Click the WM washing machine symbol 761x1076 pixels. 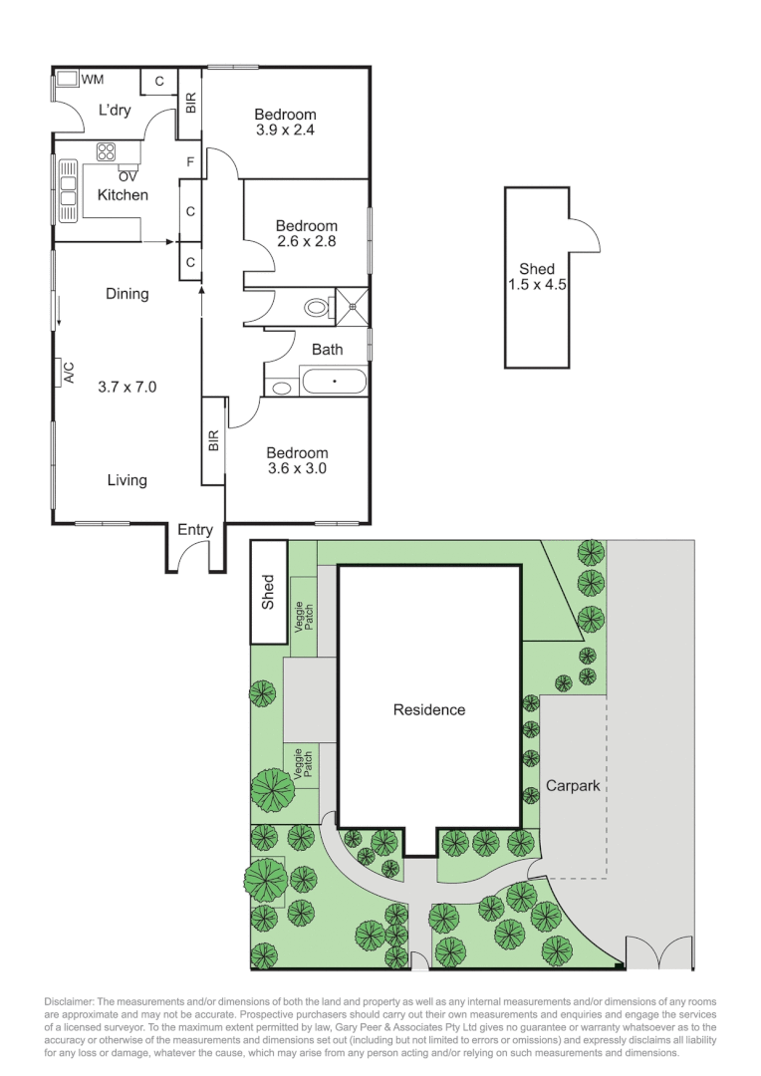[x=66, y=79]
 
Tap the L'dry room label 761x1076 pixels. [x=115, y=110]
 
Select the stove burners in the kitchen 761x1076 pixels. [x=107, y=152]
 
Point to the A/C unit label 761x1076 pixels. [x=69, y=373]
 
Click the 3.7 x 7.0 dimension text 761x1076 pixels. [x=127, y=387]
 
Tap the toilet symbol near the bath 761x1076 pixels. [x=317, y=307]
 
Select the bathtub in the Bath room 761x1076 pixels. [x=334, y=381]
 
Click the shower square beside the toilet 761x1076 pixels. [x=353, y=306]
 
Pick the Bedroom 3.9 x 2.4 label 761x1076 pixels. [x=285, y=122]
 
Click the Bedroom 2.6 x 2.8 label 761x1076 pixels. [x=307, y=233]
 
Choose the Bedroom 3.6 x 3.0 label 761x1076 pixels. [x=297, y=460]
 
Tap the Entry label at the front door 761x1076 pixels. [x=195, y=530]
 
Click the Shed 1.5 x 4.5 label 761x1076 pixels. [x=537, y=277]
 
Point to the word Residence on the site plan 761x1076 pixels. [x=429, y=710]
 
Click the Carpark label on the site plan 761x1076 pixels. [x=573, y=786]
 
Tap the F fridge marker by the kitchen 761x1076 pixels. [x=189, y=161]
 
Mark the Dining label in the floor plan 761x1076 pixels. [x=127, y=294]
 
